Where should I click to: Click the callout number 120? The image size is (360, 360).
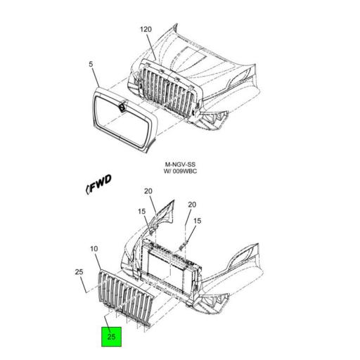tap(146, 30)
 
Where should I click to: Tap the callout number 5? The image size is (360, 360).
tap(91, 64)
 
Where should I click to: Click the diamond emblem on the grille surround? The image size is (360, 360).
tap(122, 106)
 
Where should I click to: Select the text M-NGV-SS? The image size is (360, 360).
tap(180, 165)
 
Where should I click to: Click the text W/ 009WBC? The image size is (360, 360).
tap(180, 172)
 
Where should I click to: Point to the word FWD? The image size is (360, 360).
tap(101, 183)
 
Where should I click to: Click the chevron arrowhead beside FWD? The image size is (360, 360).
tap(87, 189)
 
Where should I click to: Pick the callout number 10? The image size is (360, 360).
tap(94, 249)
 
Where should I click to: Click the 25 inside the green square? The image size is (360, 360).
tap(111, 337)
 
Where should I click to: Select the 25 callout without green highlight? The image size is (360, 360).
tap(79, 272)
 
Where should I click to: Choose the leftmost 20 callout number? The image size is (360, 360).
tap(148, 191)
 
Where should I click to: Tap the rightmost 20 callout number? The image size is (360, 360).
tap(192, 205)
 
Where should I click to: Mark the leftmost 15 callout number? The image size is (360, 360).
tap(141, 212)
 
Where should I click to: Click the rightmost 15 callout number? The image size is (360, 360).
tap(198, 221)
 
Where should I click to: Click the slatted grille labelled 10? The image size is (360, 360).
tap(125, 297)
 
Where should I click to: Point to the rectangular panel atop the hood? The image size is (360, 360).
tap(191, 56)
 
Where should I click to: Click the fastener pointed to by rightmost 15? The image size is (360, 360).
tap(183, 247)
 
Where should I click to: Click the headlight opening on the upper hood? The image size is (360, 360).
tap(238, 79)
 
